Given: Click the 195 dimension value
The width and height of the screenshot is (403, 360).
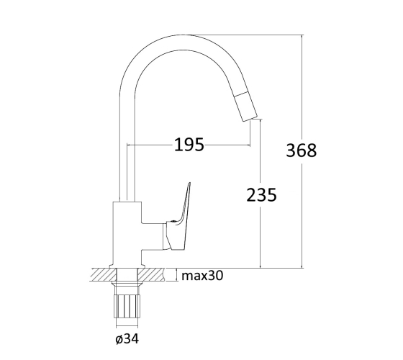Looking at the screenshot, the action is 189,145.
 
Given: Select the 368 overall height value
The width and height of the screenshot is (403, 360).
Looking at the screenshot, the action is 302,150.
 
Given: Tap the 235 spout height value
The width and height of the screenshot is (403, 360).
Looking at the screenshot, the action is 262,194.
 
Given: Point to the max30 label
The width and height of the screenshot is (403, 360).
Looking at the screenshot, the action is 202,276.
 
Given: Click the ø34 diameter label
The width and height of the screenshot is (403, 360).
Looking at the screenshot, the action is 127,338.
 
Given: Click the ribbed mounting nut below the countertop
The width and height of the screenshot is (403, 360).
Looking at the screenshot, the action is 127,307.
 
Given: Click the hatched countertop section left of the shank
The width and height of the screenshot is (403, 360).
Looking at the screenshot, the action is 104,274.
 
